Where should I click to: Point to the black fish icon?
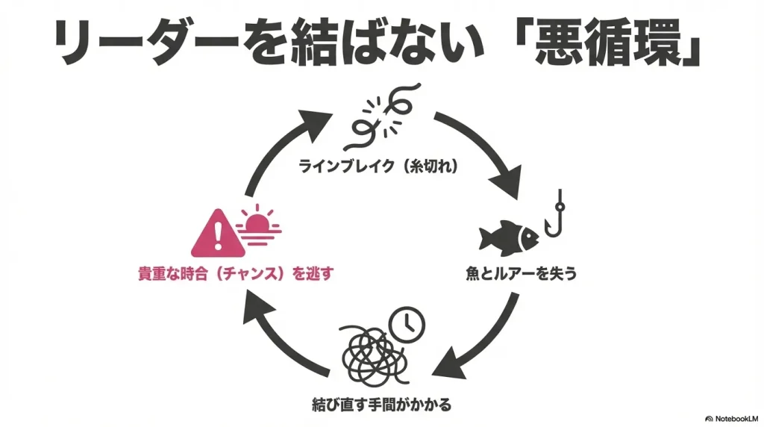point(510,238)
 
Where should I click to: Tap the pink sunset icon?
point(258,222)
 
